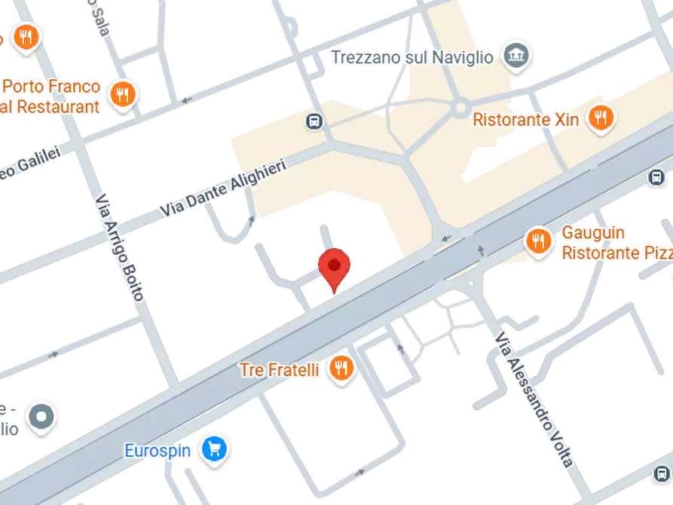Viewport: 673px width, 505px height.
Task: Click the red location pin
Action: click(x=334, y=268)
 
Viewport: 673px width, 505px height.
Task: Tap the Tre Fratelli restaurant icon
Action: click(x=342, y=369)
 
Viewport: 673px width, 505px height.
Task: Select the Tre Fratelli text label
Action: click(x=280, y=370)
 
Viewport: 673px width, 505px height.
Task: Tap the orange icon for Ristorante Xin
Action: click(x=601, y=118)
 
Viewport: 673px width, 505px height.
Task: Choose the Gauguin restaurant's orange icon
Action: click(x=537, y=240)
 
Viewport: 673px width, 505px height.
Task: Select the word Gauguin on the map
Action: click(x=592, y=232)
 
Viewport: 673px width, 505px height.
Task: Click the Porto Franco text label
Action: click(x=51, y=87)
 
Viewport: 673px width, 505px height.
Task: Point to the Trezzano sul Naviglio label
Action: click(x=411, y=57)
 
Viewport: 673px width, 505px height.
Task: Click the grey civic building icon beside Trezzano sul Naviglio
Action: click(x=516, y=56)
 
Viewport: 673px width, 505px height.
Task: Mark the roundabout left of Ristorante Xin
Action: click(x=460, y=110)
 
